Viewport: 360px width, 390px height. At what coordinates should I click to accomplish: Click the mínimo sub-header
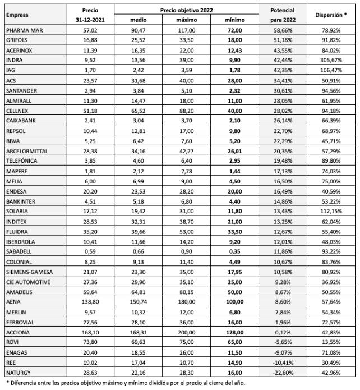[x=235, y=20]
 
